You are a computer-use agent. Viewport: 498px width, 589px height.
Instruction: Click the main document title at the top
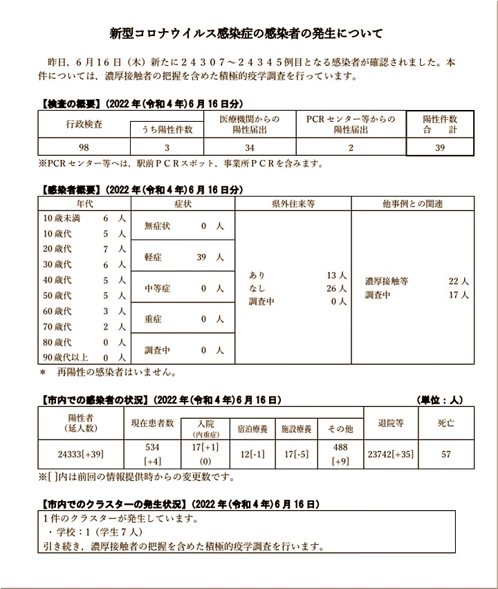click(x=248, y=33)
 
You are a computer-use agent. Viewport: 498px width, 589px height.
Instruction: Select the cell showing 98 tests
click(x=84, y=147)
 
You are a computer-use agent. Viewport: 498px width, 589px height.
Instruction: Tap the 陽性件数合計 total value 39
click(x=439, y=147)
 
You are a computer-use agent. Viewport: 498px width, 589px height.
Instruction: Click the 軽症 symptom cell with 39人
click(x=183, y=257)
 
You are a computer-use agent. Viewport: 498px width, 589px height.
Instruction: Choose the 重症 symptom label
click(x=154, y=319)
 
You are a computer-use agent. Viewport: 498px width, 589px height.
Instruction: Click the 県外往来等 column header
click(x=293, y=203)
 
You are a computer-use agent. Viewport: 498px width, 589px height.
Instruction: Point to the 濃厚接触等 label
click(x=387, y=282)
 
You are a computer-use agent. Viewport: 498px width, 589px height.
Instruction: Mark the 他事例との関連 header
click(x=412, y=203)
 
